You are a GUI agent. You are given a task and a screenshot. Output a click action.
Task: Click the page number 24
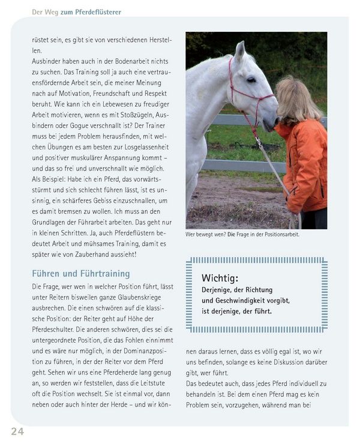[x=17, y=431]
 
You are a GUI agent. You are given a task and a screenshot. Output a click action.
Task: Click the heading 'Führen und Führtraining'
[x=80, y=274]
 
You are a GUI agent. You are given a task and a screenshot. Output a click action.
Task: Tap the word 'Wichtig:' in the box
[x=220, y=279]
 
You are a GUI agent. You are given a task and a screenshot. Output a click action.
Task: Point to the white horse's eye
[x=251, y=79]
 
